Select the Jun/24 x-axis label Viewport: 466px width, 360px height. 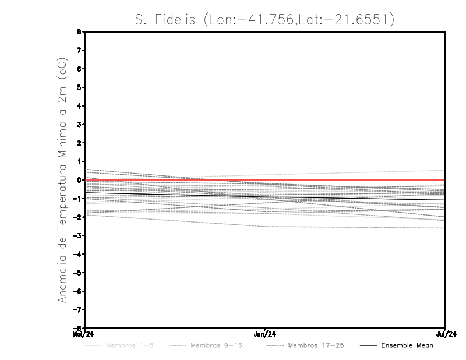(x=264, y=334)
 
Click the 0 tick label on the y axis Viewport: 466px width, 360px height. (x=80, y=180)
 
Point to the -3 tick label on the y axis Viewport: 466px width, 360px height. (x=78, y=236)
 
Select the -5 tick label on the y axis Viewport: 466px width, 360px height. (x=78, y=273)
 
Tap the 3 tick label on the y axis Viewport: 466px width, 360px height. (x=80, y=125)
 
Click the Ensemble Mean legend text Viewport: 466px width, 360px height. (x=407, y=345)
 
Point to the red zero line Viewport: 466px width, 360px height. (x=349, y=180)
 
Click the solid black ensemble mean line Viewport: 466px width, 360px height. (x=349, y=196)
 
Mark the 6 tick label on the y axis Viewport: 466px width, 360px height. (x=80, y=69)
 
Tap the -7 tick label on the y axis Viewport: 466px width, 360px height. (x=78, y=310)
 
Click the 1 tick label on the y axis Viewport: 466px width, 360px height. (x=80, y=161)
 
